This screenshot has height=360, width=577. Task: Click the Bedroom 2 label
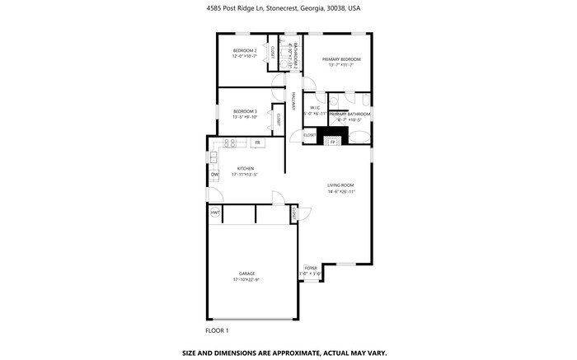pyautogui.click(x=245, y=51)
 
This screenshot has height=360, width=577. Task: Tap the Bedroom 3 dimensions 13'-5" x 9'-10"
pyautogui.click(x=245, y=117)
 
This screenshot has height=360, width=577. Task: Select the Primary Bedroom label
pyautogui.click(x=341, y=59)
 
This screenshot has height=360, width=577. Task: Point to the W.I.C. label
pyautogui.click(x=315, y=107)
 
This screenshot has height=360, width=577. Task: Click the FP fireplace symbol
pyautogui.click(x=333, y=142)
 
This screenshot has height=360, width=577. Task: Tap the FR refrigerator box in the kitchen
pyautogui.click(x=257, y=143)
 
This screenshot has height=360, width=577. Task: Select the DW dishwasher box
pyautogui.click(x=214, y=175)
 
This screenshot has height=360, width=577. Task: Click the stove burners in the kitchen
pyautogui.click(x=232, y=143)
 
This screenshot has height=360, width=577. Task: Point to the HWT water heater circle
pyautogui.click(x=215, y=213)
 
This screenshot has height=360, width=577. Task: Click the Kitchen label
pyautogui.click(x=246, y=169)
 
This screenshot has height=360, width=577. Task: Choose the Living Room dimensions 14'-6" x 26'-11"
pyautogui.click(x=340, y=192)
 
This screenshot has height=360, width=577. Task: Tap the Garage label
pyautogui.click(x=246, y=274)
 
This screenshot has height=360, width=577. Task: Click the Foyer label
pyautogui.click(x=310, y=268)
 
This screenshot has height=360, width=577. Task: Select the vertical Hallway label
pyautogui.click(x=293, y=101)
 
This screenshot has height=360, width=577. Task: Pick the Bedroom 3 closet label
pyautogui.click(x=279, y=119)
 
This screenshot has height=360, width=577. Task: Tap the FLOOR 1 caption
pyautogui.click(x=218, y=330)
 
